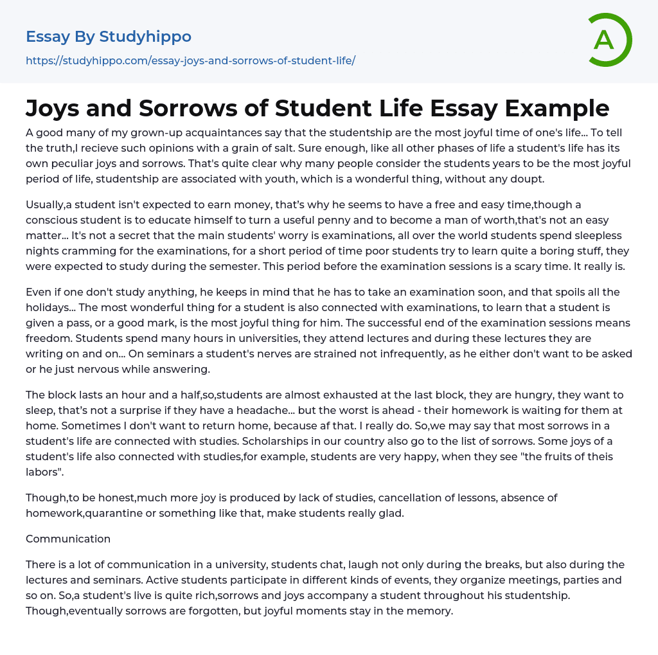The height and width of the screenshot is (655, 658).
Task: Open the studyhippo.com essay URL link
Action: [x=190, y=61]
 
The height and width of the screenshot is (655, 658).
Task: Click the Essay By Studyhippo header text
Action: [x=109, y=37]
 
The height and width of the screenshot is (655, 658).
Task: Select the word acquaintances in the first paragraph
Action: [x=241, y=132]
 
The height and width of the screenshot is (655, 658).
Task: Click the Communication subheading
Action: [x=68, y=539]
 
